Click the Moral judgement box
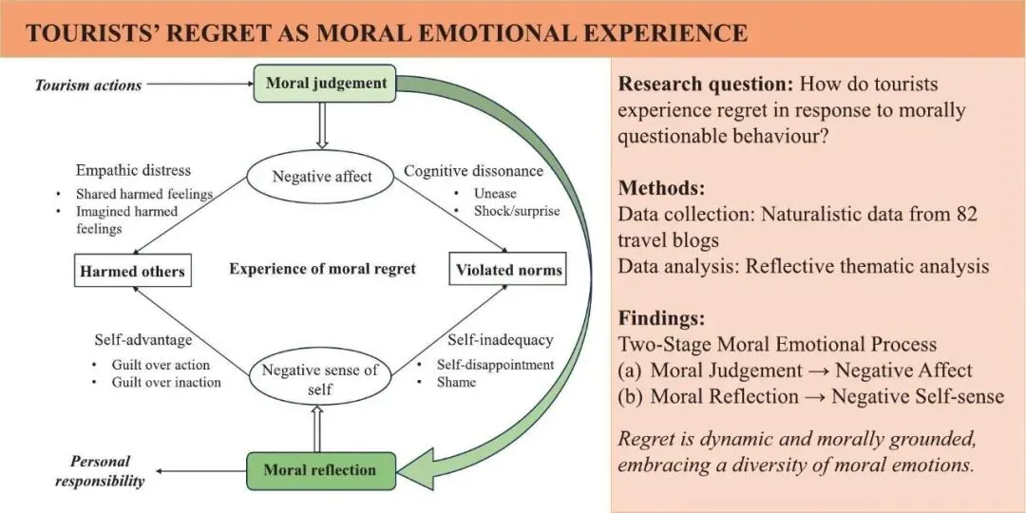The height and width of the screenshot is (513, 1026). (326, 83)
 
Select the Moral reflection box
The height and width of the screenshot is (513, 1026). (319, 469)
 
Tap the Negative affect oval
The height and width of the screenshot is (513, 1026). (321, 176)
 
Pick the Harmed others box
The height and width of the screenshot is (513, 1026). (132, 272)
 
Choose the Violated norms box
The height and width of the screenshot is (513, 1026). (507, 270)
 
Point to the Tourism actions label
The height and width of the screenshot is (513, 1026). (88, 85)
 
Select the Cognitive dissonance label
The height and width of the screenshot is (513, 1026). (474, 171)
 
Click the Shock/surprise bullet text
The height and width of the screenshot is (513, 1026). (517, 210)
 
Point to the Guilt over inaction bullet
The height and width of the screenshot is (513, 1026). (165, 382)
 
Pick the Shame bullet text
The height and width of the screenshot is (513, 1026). (457, 382)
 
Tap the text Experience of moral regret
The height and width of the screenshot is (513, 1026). (322, 269)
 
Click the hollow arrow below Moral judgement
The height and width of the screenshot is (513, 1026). (322, 125)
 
